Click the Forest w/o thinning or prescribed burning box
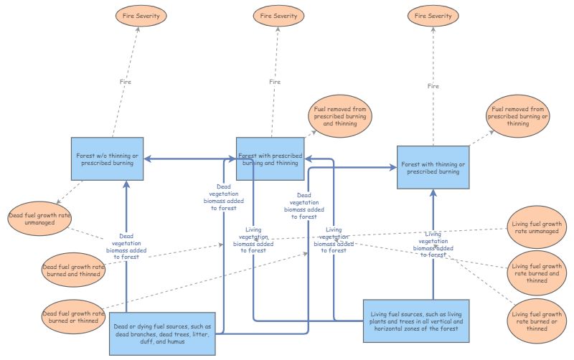(x=108, y=158)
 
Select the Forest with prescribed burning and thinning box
(x=269, y=158)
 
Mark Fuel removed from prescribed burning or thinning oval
(x=517, y=115)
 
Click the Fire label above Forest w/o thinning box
(x=126, y=81)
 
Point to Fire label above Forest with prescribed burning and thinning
(x=275, y=81)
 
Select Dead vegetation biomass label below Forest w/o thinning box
(x=127, y=245)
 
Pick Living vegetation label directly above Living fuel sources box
(x=433, y=244)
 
